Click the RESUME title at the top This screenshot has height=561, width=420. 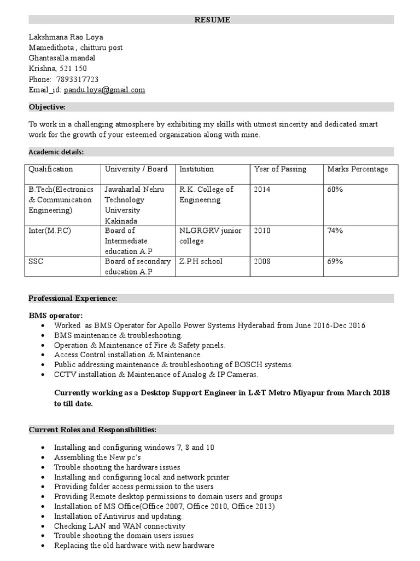213,20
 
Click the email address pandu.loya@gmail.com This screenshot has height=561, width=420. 104,90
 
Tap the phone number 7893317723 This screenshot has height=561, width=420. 77,79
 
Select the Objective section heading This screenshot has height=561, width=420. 47,107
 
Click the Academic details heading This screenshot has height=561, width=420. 56,152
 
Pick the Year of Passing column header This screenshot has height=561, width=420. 280,169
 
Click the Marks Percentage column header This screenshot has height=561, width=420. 357,169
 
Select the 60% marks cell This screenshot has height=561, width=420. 335,190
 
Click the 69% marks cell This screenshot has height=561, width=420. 335,262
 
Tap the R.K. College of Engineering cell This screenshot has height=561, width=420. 206,194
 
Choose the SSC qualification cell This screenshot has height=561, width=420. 36,262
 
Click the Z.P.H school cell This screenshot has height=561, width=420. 201,262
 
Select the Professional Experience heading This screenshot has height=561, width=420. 73,298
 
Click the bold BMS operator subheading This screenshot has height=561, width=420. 56,316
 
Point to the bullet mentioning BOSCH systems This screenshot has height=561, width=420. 173,365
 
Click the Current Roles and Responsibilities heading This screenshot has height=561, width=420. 92,429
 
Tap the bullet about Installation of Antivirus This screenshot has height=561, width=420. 118,517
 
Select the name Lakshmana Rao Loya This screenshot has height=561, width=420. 66,37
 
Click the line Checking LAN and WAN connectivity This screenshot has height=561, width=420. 120,526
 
